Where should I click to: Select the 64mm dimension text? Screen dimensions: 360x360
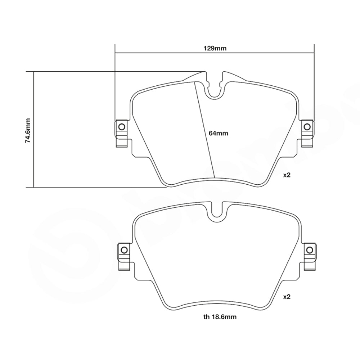tap(219, 133)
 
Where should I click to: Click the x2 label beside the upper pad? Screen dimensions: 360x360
tap(287, 175)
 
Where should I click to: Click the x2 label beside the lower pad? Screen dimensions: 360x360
tap(287, 297)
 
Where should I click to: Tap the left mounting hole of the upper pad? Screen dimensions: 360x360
tap(121, 126)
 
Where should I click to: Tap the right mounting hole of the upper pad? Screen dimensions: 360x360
tap(307, 126)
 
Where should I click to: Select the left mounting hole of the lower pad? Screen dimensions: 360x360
tap(123, 250)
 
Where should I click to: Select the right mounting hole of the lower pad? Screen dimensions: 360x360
tap(309, 250)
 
